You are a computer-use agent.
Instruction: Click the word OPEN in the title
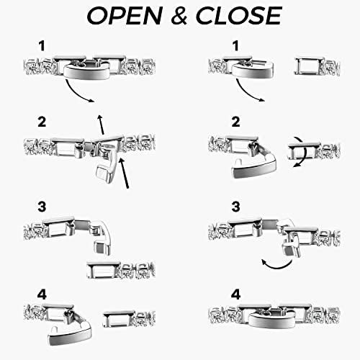(125, 16)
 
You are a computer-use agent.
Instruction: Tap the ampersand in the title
(179, 16)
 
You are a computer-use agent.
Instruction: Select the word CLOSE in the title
(239, 16)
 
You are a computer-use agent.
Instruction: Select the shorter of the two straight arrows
(101, 125)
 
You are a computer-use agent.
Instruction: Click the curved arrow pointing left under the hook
(276, 265)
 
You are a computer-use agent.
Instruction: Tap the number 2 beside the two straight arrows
(42, 122)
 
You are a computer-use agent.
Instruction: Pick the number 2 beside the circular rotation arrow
(235, 122)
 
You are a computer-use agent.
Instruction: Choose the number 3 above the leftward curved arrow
(235, 207)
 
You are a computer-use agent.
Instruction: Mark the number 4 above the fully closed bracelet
(235, 294)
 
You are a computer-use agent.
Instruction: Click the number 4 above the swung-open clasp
(42, 294)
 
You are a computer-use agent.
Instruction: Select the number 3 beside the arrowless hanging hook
(42, 207)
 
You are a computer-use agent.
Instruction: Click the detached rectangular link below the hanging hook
(104, 270)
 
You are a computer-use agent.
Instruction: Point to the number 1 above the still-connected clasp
(42, 45)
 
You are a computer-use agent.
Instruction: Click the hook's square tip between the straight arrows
(104, 174)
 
